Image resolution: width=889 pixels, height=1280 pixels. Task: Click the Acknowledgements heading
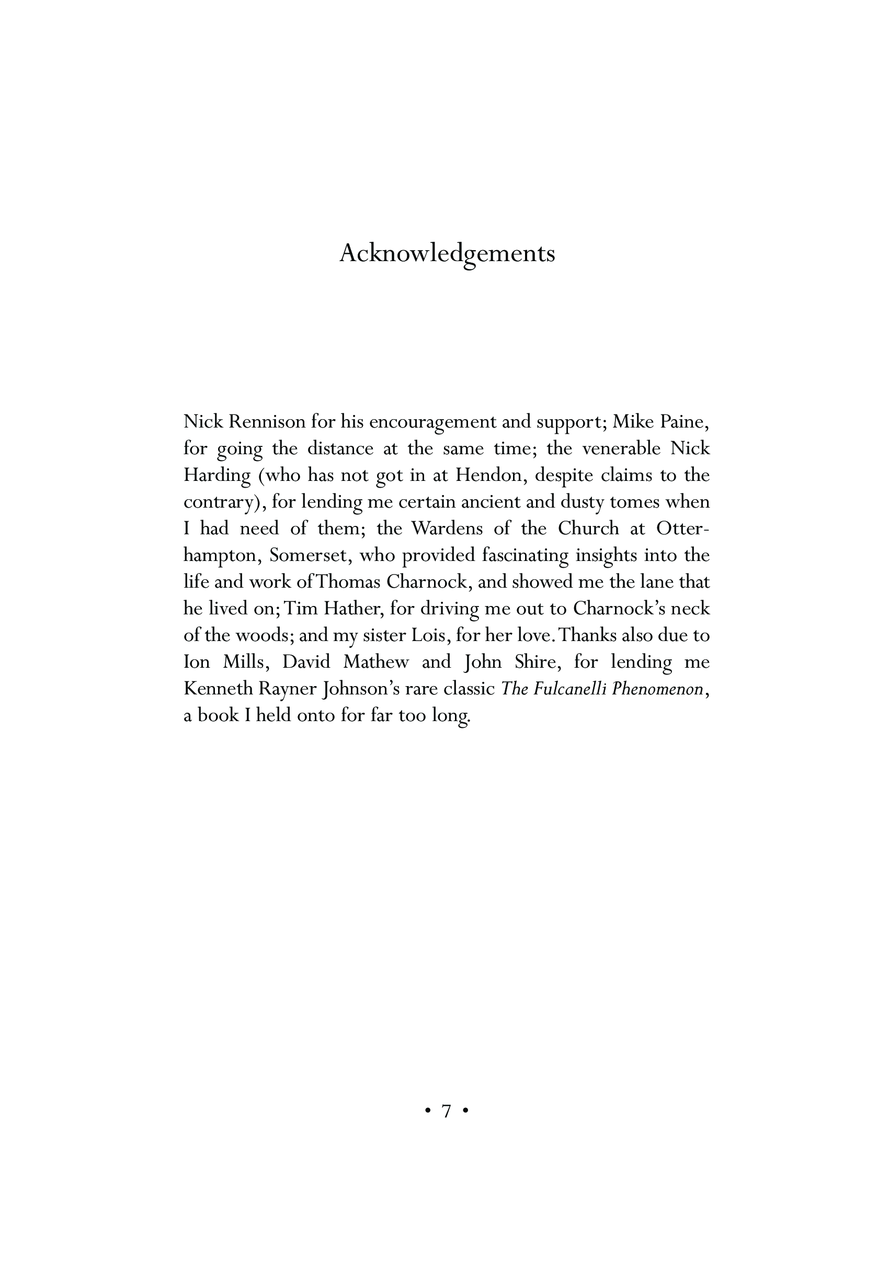[x=447, y=254]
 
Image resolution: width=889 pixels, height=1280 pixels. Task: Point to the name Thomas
[x=348, y=582]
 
